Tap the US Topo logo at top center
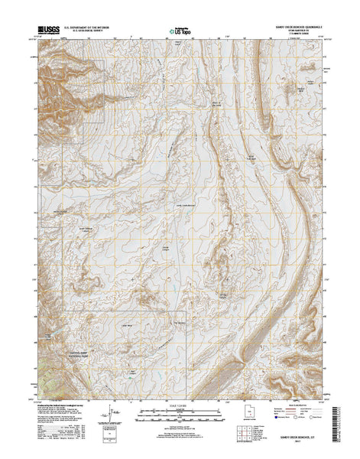(x=179, y=31)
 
